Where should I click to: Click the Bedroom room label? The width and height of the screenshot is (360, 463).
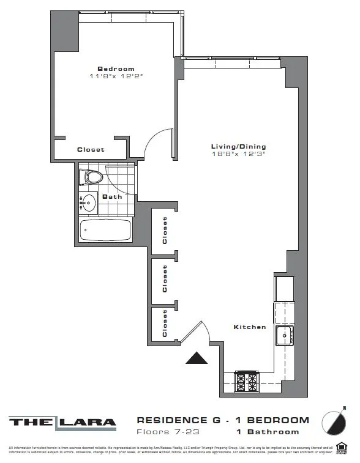pos(116,69)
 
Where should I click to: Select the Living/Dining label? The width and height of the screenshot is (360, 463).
pos(238,147)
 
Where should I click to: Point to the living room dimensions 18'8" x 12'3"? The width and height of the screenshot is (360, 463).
pos(238,154)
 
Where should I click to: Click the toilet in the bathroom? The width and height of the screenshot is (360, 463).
pos(91,178)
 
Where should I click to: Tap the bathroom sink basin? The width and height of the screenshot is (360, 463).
pos(89,202)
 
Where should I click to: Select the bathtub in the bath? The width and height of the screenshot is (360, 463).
pos(105,231)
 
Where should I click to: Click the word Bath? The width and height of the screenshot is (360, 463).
pos(112,197)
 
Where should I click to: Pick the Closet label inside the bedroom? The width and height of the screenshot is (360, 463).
pos(91,149)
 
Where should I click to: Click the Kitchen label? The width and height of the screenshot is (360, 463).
pos(250,327)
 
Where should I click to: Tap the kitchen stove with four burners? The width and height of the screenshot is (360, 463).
pos(247,382)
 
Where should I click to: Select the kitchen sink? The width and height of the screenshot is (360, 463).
pos(284,336)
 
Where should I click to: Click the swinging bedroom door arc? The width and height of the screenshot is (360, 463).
pos(156,144)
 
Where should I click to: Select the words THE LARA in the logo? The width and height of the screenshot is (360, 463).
pos(62,421)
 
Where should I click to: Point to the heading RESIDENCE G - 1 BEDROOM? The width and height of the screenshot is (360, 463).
pos(222,420)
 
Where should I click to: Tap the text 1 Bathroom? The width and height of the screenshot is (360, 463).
pos(268,432)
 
